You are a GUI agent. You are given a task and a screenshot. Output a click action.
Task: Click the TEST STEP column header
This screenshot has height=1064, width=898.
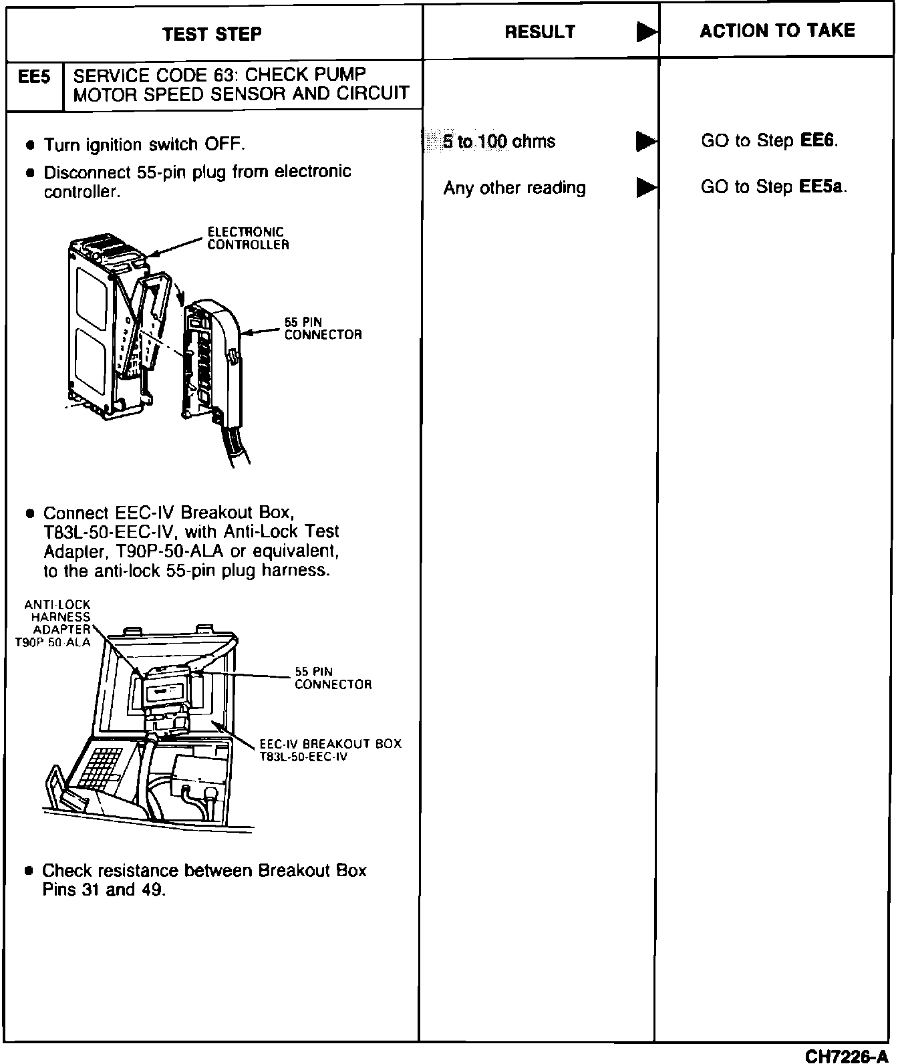212,33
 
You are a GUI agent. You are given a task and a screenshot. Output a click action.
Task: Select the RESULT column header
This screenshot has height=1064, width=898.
540,31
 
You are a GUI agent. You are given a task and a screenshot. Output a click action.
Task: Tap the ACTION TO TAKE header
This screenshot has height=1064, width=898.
777,30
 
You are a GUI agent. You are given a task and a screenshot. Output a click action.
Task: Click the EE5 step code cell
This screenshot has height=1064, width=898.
34,77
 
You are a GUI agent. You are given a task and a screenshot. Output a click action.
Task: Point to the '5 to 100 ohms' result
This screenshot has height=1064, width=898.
498,141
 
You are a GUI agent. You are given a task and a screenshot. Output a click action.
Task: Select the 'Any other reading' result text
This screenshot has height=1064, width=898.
514,188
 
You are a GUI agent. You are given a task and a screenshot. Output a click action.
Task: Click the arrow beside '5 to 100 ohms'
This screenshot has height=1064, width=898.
645,141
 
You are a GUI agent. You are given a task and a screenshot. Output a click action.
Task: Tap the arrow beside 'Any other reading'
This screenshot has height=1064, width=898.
645,188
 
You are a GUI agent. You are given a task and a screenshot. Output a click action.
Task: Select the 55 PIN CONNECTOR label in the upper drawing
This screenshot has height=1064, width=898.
323,328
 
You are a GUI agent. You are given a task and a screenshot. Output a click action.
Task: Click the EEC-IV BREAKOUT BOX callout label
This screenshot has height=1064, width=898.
330,750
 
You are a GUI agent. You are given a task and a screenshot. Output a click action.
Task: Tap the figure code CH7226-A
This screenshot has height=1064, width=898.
847,1055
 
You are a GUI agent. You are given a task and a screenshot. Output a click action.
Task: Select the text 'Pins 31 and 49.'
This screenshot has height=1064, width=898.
104,890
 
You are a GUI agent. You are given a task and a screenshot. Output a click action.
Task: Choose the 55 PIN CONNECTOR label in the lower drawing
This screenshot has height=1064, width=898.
333,678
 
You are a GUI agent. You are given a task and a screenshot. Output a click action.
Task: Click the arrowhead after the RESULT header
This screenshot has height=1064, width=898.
645,31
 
